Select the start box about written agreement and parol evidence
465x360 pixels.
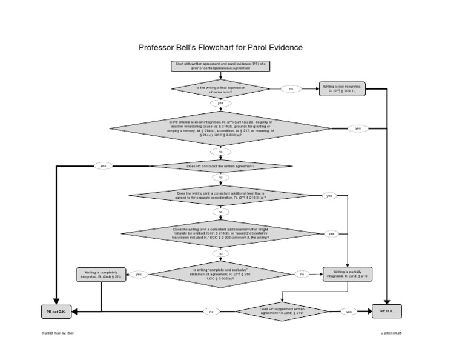(x=220, y=66)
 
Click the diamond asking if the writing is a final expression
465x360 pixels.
(x=220, y=89)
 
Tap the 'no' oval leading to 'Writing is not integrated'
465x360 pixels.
(x=291, y=89)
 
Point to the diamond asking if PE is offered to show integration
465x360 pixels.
(x=220, y=128)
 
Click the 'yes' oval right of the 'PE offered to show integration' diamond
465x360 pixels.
(x=357, y=128)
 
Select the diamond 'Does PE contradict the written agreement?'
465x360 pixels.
(x=220, y=166)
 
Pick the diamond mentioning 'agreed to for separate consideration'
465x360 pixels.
(x=220, y=196)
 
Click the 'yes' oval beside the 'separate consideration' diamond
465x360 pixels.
(x=329, y=196)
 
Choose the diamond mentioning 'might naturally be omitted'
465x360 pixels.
(x=220, y=233)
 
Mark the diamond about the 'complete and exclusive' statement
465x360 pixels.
(x=220, y=274)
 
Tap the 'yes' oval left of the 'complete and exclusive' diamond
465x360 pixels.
(x=138, y=275)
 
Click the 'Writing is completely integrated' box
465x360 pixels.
(x=101, y=275)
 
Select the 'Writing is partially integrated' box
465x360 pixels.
(x=347, y=275)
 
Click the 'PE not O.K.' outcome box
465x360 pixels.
(x=56, y=312)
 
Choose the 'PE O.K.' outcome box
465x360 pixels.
(x=387, y=311)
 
